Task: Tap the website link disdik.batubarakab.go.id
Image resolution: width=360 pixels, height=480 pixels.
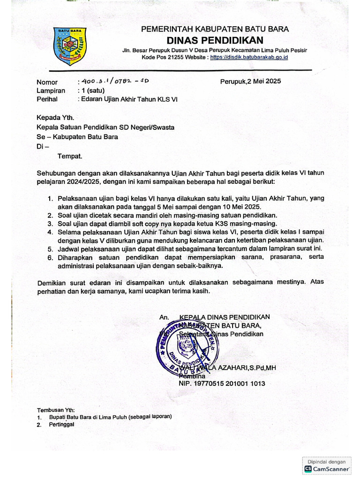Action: (249, 57)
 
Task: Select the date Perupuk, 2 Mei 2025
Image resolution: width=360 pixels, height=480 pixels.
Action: (250, 81)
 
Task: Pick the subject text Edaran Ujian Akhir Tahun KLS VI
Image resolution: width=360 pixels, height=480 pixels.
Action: (127, 99)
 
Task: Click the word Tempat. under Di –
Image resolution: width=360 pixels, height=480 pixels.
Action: (70, 156)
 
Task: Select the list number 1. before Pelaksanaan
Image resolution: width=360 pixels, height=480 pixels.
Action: (50, 199)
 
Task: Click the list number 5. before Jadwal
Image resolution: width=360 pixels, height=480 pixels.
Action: (50, 248)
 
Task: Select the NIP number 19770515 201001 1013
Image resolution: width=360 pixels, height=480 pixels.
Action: (222, 383)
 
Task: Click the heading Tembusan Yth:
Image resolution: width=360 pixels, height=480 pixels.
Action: (55, 409)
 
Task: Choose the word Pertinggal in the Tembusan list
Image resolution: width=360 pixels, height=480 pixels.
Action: (61, 425)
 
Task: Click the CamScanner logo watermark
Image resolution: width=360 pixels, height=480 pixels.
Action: (327, 468)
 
